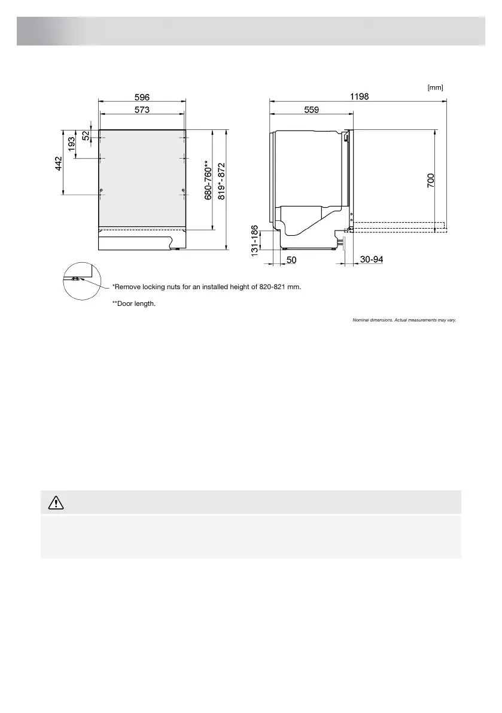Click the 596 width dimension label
click(x=142, y=97)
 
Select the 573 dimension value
click(x=142, y=110)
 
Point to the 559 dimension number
click(x=311, y=110)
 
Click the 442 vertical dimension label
click(x=59, y=162)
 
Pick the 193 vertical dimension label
click(x=72, y=144)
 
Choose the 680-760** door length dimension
click(x=208, y=180)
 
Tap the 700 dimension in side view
click(x=431, y=181)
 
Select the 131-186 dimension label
click(x=255, y=242)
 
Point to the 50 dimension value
click(x=292, y=260)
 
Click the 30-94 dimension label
click(x=372, y=260)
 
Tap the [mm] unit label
click(x=435, y=87)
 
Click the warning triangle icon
click(x=56, y=503)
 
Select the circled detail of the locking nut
click(x=78, y=280)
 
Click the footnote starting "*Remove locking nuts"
click(x=206, y=287)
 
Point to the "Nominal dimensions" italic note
click(x=404, y=320)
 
